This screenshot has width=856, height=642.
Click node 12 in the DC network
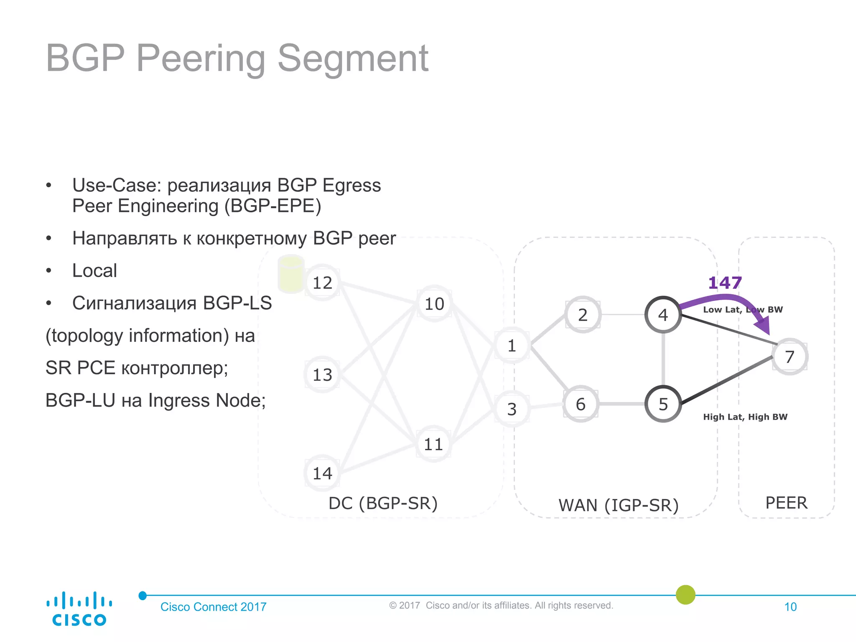(x=322, y=283)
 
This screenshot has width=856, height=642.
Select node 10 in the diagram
(x=434, y=303)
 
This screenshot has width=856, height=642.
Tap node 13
(x=322, y=374)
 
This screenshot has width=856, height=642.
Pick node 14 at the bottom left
(x=322, y=473)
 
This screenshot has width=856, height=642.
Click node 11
(x=433, y=444)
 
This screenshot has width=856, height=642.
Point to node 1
(x=512, y=346)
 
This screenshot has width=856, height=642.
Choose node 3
(x=512, y=409)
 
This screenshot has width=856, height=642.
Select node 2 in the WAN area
(x=583, y=315)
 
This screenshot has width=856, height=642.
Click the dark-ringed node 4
(x=663, y=315)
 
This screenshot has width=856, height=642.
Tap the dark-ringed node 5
(x=663, y=404)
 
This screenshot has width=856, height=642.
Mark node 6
(x=581, y=404)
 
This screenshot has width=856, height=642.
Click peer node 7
(x=790, y=357)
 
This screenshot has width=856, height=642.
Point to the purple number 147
(x=725, y=283)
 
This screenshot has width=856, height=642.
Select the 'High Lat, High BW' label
(x=745, y=417)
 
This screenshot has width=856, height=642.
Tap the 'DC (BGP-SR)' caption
(x=383, y=503)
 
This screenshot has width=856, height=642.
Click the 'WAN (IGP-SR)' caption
(x=618, y=505)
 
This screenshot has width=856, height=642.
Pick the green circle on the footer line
(x=685, y=594)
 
